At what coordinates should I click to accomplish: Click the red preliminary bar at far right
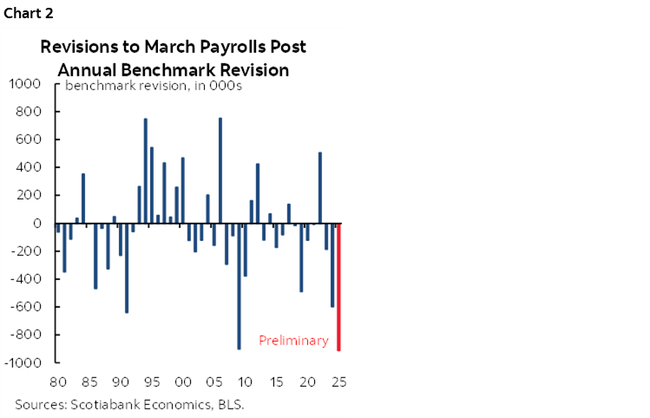pos(338,286)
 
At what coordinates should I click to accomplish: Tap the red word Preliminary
pos(294,341)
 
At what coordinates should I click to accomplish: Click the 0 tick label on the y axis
pos(38,223)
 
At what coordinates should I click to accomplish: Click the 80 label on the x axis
pos(59,382)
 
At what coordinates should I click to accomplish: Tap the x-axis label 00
pos(183,382)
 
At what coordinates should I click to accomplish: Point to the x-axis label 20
pos(307,382)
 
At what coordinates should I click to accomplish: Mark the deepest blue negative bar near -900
pos(239,286)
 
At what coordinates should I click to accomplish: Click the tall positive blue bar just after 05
pos(220,170)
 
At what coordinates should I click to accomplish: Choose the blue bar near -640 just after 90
pos(127,268)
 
